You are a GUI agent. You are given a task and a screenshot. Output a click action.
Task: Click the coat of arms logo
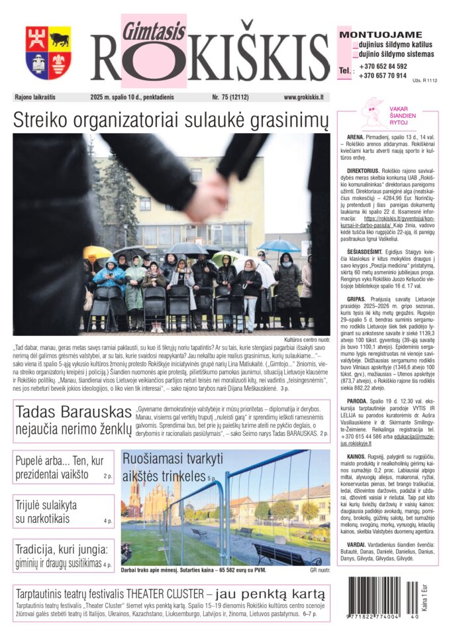pyautogui.click(x=48, y=53)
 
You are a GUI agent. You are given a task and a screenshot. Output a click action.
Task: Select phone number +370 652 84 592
pyautogui.click(x=383, y=66)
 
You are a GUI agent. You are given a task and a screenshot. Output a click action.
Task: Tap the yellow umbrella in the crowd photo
pyautogui.click(x=97, y=252)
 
